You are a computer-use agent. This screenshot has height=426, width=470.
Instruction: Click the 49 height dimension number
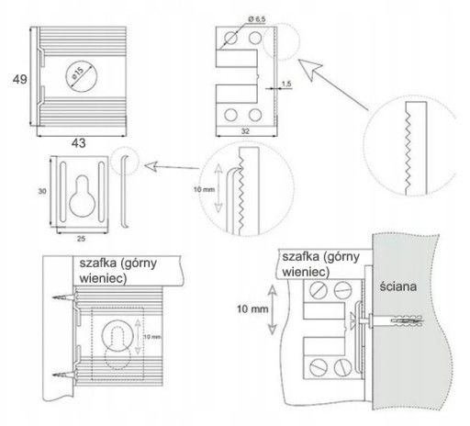20,79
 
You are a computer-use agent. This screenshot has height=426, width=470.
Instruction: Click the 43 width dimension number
79,143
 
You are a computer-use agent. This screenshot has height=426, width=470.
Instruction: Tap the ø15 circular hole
82,76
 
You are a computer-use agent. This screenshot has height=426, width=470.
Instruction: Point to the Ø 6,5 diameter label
257,19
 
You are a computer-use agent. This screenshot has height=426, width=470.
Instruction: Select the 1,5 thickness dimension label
286,84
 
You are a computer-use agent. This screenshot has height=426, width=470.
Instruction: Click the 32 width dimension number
245,131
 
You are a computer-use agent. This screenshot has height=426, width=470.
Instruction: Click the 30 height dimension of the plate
42,191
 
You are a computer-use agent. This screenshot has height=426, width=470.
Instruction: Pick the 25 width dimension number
81,239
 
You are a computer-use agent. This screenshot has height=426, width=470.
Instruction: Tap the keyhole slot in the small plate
82,196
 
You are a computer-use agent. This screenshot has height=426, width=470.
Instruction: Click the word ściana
398,286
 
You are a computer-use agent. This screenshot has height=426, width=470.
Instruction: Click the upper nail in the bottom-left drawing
64,297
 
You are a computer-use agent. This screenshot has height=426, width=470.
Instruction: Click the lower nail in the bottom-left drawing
64,375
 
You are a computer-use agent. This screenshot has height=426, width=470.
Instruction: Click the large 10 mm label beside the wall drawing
252,309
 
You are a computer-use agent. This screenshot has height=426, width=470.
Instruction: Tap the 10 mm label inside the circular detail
204,190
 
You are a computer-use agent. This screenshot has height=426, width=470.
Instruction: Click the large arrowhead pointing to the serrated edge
309,70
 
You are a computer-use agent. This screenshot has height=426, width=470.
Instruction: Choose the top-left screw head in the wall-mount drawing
319,290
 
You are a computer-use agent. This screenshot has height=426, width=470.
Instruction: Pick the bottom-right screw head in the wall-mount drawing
342,367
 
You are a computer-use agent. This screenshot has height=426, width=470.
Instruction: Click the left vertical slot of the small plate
62,192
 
